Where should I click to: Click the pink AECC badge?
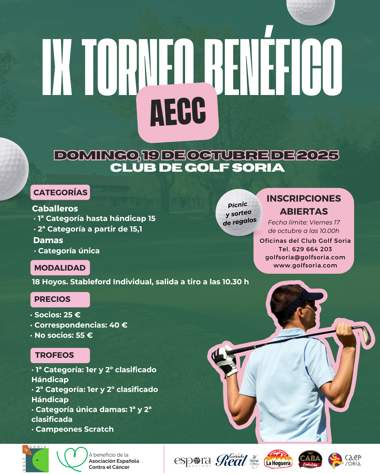click(x=178, y=112)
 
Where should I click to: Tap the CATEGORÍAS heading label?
click(x=60, y=192)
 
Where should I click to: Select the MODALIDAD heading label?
click(x=60, y=268)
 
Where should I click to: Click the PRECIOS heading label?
click(x=60, y=299)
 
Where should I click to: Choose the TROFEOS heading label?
click(x=60, y=355)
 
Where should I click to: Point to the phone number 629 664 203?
click(x=312, y=249)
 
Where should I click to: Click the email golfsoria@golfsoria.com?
click(x=305, y=257)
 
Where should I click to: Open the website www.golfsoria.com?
click(x=305, y=266)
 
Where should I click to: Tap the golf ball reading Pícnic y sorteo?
click(x=239, y=213)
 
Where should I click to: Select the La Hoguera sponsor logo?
click(x=278, y=460)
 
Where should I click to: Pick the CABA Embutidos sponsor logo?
click(x=310, y=459)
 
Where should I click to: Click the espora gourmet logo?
click(x=192, y=461)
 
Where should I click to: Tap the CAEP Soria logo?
click(x=344, y=460)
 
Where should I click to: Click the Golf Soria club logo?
click(x=36, y=458)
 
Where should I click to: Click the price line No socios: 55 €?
click(x=63, y=335)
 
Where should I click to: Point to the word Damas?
click(x=48, y=240)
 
